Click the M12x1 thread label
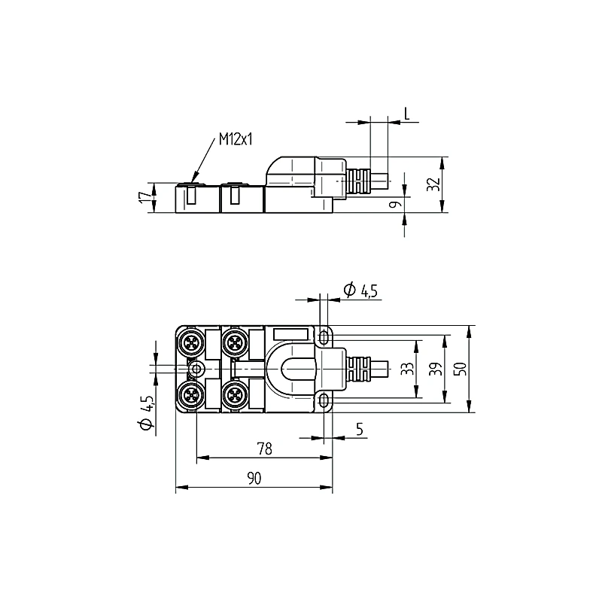coord(236,139)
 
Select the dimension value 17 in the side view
coord(144,197)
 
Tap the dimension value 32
coord(433,184)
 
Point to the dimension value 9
coord(395,204)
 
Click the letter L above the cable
coord(406,114)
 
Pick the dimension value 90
coord(254,479)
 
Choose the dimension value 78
coord(265,449)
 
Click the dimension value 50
coord(461,369)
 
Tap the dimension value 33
coord(407,369)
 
